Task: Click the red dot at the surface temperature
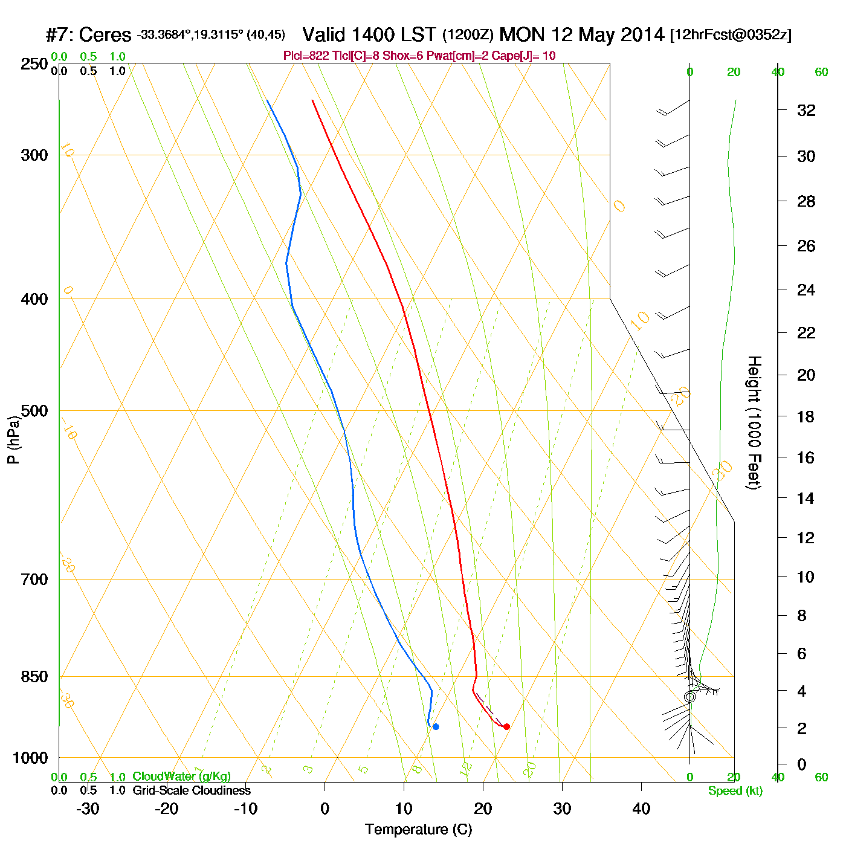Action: coord(506,726)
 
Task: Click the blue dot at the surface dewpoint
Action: coord(436,726)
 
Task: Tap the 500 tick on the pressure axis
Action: coord(34,411)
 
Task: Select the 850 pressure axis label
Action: coord(34,677)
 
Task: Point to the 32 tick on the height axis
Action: coord(806,110)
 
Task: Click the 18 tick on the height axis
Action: coord(806,416)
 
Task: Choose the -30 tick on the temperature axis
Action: coord(88,809)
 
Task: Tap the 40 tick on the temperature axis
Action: coord(641,809)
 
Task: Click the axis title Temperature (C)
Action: coord(418,830)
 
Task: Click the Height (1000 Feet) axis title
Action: coord(754,422)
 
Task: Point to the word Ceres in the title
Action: coord(105,35)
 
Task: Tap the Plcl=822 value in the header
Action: coord(306,56)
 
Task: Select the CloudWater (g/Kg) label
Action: coord(181,777)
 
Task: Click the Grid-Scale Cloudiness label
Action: coord(192,790)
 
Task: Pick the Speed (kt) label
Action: coord(735,791)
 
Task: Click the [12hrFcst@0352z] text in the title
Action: coord(731,35)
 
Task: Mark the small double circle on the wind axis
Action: coord(690,697)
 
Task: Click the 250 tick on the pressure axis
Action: coord(34,63)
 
